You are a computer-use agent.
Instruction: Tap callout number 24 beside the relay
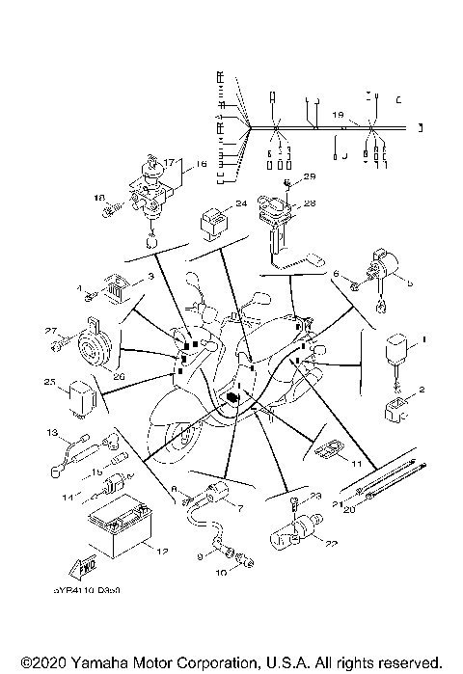coord(241,203)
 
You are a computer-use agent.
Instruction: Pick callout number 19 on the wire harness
coord(337,115)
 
